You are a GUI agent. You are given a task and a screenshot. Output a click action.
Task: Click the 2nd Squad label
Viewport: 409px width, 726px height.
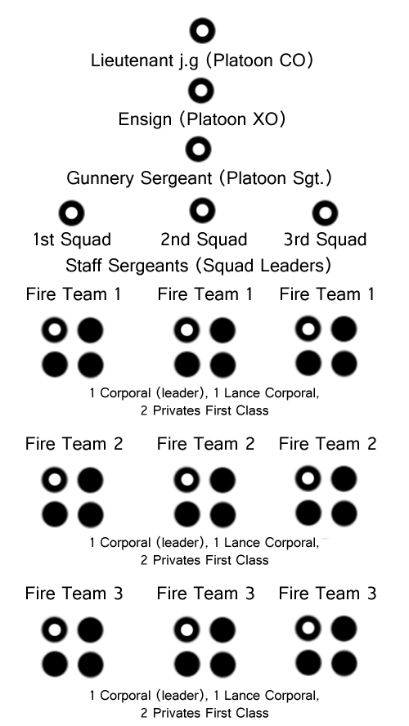pos(204,240)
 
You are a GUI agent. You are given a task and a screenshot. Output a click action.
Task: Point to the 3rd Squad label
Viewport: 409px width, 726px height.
pos(326,240)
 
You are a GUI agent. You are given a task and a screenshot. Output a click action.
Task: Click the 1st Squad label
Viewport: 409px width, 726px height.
pos(72,240)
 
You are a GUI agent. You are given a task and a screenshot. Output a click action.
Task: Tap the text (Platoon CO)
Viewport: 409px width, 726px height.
pos(259,60)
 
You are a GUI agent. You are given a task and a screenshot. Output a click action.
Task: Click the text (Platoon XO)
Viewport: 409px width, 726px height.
pos(232,120)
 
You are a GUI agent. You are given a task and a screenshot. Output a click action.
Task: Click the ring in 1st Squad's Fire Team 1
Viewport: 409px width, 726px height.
pos(54,322)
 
